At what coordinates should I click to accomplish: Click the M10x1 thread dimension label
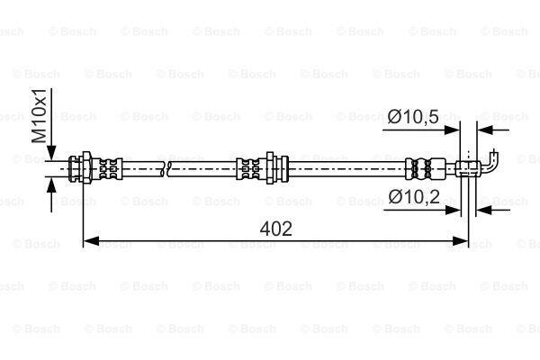pos(39,116)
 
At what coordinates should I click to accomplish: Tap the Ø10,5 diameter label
pos(413,116)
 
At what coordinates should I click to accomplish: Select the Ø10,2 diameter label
pos(414,197)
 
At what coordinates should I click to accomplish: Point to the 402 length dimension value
pos(276,229)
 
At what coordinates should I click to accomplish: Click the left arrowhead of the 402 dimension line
pos(91,241)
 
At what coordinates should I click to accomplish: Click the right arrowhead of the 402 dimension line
pos(460,241)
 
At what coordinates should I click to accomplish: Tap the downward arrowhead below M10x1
pos(51,153)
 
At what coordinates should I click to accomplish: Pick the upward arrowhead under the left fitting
pos(51,186)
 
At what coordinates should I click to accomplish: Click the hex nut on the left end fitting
pos(86,168)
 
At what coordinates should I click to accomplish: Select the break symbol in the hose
pos(166,169)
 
